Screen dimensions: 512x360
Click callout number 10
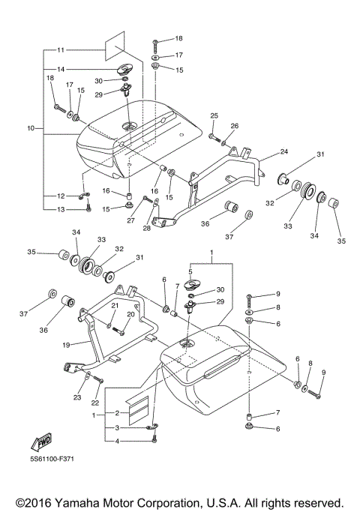click(x=30, y=129)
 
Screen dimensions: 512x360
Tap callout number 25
click(x=214, y=115)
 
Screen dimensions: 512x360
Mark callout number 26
click(x=235, y=126)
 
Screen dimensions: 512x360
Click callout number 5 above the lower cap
click(x=190, y=272)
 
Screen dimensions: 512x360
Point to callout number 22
click(x=96, y=382)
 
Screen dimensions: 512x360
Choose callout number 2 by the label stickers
click(x=117, y=413)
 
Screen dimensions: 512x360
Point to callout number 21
click(x=115, y=306)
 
